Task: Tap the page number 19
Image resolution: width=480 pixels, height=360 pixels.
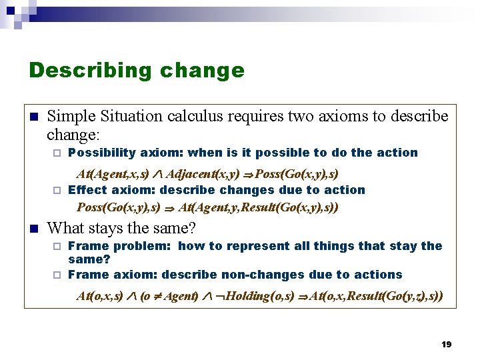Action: click(447, 344)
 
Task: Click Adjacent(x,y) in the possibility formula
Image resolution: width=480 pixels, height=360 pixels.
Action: click(202, 174)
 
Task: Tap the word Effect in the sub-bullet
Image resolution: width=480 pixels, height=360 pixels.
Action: click(87, 190)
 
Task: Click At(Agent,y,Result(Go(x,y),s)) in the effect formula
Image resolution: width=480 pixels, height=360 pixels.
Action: click(259, 207)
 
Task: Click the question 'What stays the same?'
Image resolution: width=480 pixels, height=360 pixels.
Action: click(121, 229)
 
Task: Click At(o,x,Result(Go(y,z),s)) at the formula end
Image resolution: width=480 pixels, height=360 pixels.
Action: click(376, 295)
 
